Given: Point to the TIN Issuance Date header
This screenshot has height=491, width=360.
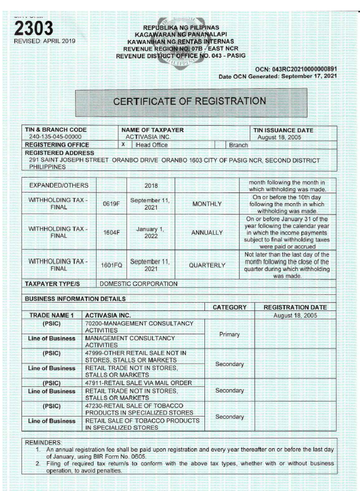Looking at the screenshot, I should point(288,130).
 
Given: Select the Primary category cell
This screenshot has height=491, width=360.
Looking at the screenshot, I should point(229,334).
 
